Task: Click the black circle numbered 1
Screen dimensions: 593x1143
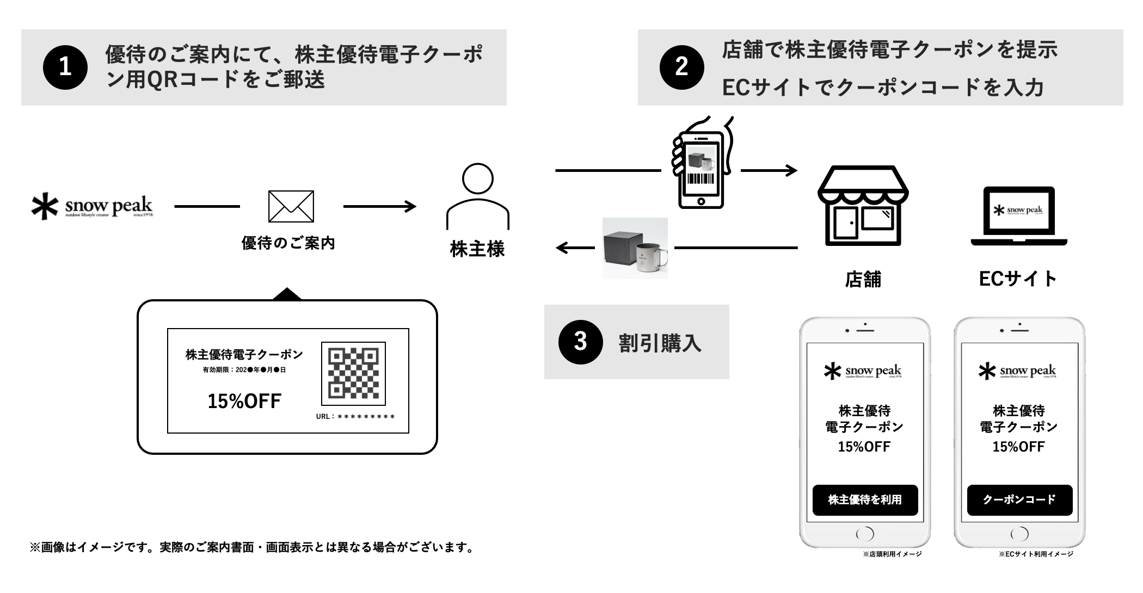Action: pos(65,67)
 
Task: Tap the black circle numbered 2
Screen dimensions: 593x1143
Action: pos(681,67)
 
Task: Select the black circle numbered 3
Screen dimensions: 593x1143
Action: pos(581,342)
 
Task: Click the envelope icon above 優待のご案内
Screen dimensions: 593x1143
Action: pos(291,206)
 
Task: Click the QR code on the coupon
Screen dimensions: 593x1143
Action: pos(353,373)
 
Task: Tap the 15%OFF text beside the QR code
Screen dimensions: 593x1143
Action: pos(244,401)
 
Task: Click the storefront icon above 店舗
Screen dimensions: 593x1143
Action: pos(863,206)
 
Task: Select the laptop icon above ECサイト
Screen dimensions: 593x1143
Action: pos(1019,216)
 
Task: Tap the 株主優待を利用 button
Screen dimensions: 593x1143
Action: pos(865,499)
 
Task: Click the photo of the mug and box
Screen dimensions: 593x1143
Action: pos(635,249)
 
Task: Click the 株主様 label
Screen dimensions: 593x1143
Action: pos(477,249)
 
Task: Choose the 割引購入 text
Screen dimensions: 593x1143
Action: pos(660,343)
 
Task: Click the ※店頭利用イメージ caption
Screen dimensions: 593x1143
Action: pos(892,554)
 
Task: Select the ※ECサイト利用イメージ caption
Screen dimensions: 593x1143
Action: pos(1036,554)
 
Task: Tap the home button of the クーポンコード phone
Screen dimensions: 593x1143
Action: pos(1019,533)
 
